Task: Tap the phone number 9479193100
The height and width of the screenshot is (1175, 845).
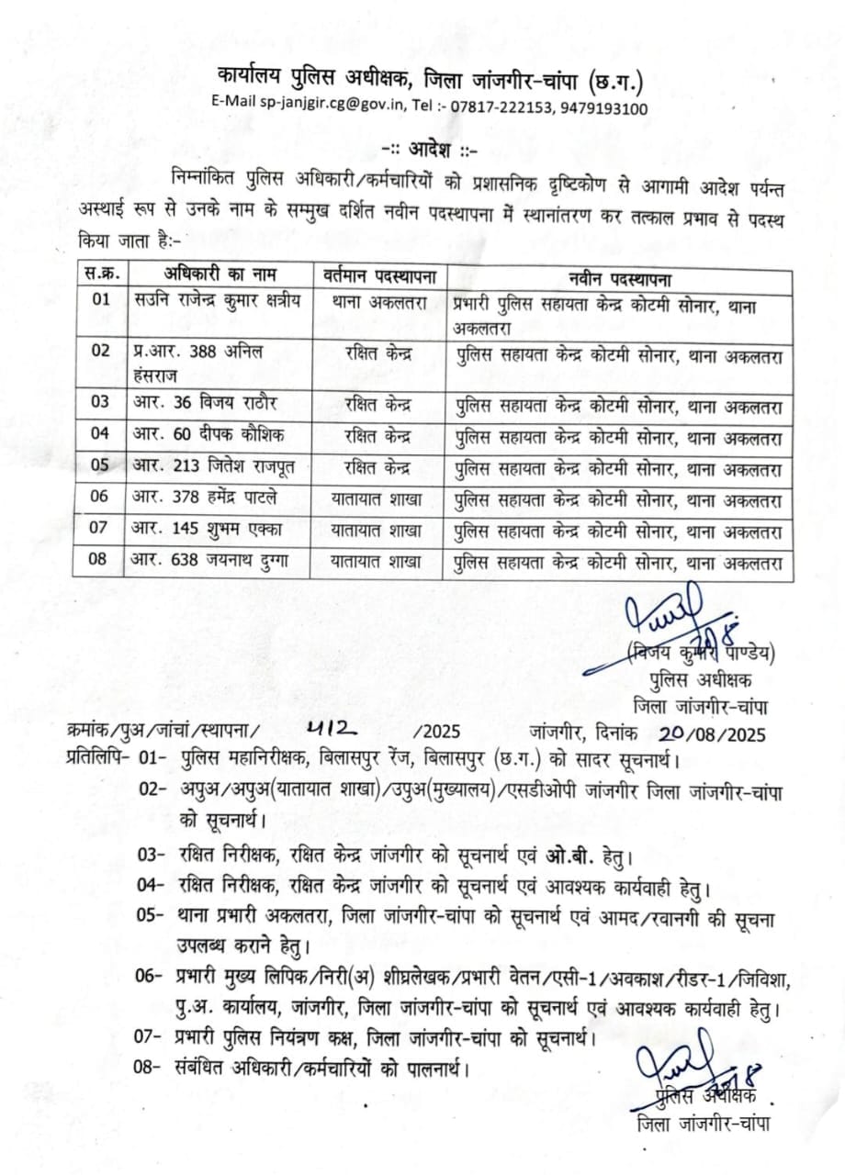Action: point(603,108)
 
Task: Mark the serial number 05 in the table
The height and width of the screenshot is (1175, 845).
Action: point(101,466)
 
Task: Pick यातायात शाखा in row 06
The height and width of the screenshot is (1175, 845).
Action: point(377,498)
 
